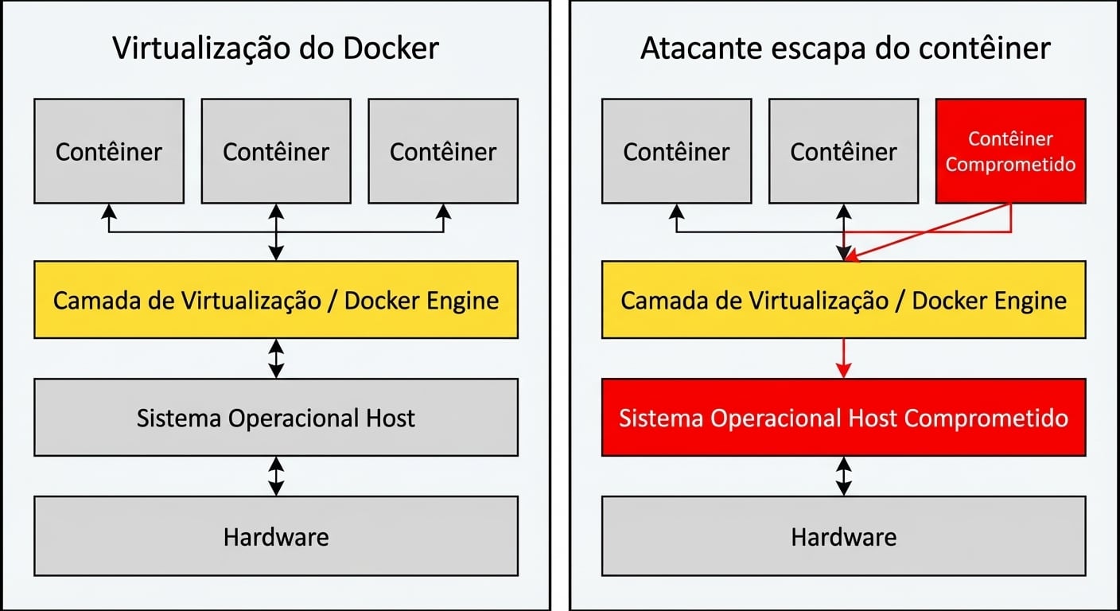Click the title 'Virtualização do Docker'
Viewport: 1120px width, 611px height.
coord(275,49)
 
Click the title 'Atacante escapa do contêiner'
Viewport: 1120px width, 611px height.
coord(845,49)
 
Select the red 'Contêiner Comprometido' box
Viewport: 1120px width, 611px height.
coord(1010,151)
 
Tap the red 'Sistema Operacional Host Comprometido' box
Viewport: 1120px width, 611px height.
coord(843,418)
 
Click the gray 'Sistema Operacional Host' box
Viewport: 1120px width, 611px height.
coord(275,418)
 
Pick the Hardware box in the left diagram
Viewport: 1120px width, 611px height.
coord(275,537)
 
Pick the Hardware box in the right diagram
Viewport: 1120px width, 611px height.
coord(843,537)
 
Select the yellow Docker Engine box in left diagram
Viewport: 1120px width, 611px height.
coord(275,301)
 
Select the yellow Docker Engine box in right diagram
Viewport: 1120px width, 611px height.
coord(843,301)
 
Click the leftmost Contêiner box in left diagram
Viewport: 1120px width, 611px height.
coord(109,151)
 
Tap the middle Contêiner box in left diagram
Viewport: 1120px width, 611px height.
coord(275,151)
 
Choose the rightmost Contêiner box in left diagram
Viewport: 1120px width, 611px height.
coord(443,151)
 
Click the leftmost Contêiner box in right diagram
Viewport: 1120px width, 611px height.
coord(676,151)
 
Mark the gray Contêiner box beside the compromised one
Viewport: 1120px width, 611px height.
coord(843,151)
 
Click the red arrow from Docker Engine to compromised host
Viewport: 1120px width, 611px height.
coord(844,358)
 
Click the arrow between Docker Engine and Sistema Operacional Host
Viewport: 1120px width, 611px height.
coord(276,358)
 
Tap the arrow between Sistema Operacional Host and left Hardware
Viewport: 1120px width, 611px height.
coord(276,476)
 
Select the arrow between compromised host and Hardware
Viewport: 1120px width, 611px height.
coord(844,476)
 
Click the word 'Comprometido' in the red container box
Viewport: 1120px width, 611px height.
coord(1010,165)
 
